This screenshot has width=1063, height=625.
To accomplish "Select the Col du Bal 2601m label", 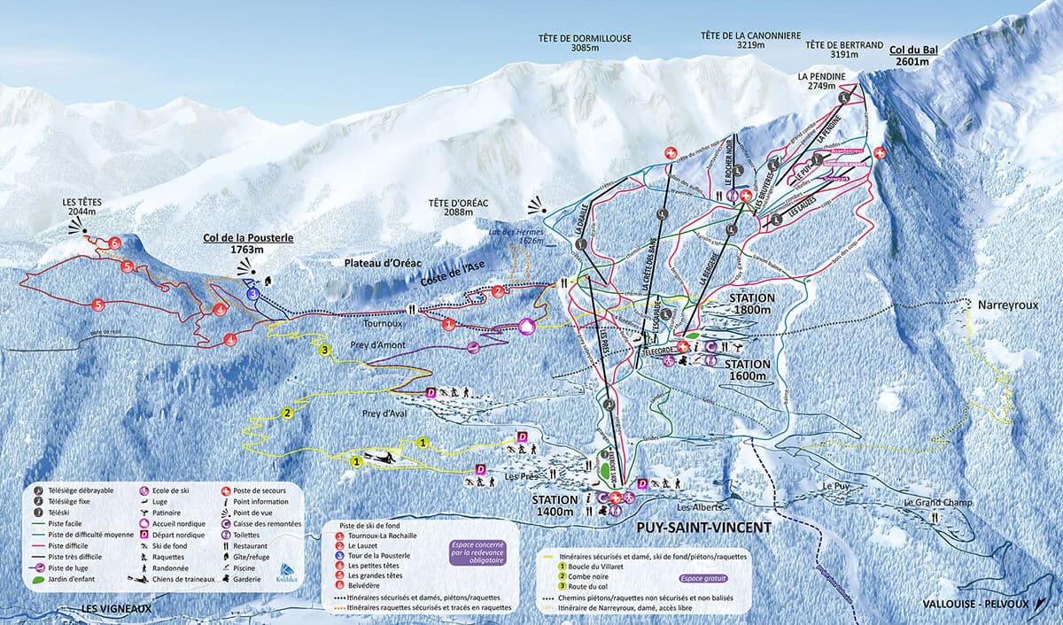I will tap(913, 56).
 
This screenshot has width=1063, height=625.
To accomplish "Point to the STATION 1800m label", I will tap(751, 305).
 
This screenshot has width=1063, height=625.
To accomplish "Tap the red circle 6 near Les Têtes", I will tap(114, 243).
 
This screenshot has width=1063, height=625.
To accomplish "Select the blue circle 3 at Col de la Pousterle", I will tap(252, 293).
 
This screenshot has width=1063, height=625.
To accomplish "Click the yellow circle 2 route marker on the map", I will tap(287, 413).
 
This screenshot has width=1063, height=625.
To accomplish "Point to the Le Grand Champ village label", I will tap(937, 503).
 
